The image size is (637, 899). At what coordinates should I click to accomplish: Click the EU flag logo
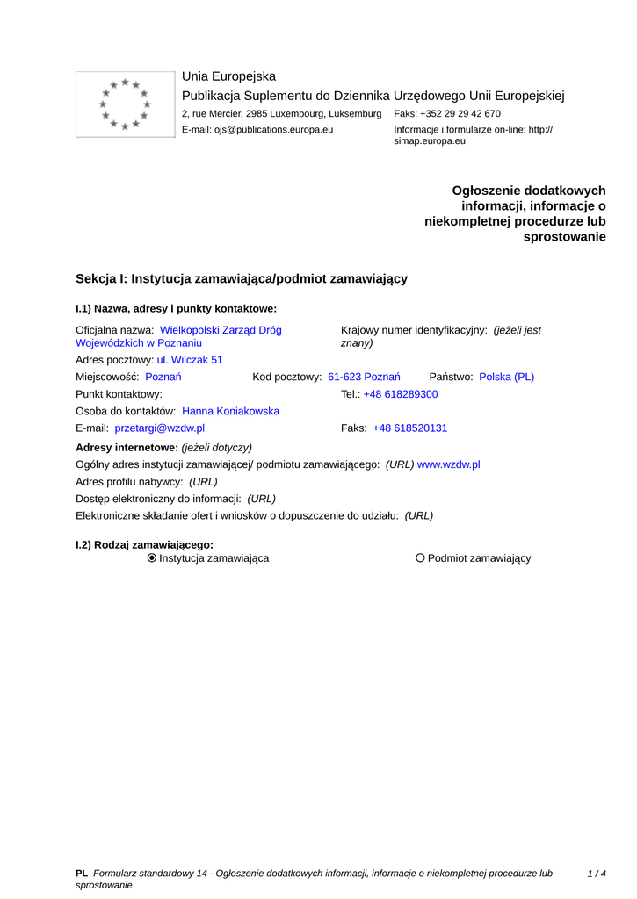[x=125, y=104]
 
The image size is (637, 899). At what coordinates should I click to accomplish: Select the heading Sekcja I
[x=242, y=278]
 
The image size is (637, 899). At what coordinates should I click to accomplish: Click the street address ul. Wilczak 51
[x=190, y=360]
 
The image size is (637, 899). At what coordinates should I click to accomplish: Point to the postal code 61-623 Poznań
[x=364, y=377]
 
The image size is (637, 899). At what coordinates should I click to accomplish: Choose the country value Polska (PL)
[x=506, y=377]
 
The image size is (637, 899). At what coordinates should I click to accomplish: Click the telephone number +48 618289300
[x=401, y=394]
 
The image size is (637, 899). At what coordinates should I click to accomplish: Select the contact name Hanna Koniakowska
[x=230, y=411]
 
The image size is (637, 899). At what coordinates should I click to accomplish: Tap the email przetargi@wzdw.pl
[x=160, y=428]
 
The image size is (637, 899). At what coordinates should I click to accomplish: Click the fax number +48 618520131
[x=410, y=428]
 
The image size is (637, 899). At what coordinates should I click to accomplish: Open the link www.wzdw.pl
[x=448, y=464]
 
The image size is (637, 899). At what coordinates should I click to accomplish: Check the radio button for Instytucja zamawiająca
[x=152, y=558]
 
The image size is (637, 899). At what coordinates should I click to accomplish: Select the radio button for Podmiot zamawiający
[x=420, y=558]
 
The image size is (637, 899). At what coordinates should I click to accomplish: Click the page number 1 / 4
[x=597, y=874]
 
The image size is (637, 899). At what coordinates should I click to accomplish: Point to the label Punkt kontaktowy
[x=119, y=394]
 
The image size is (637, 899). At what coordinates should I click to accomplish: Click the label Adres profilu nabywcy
[x=130, y=482]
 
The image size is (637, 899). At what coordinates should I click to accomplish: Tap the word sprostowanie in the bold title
[x=564, y=237]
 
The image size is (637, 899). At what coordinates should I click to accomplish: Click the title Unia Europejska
[x=228, y=76]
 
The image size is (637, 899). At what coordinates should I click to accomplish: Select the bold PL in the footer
[x=82, y=874]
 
